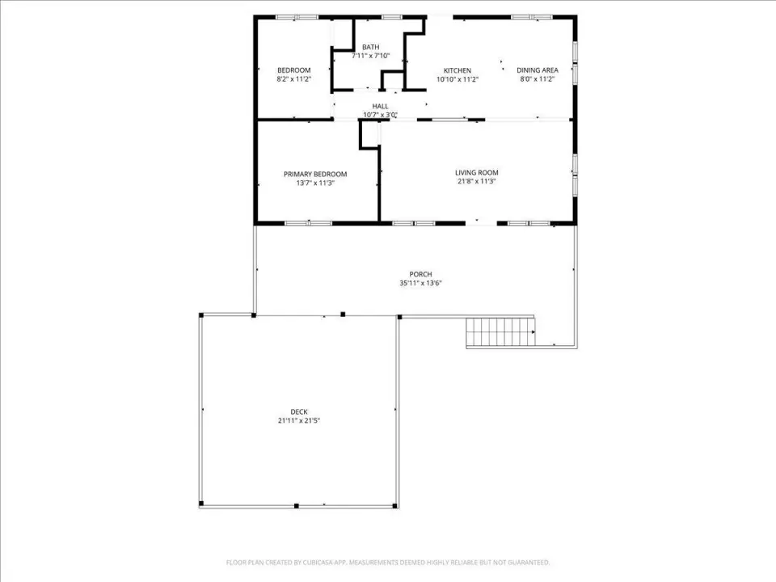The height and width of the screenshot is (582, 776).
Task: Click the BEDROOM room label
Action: (x=294, y=70)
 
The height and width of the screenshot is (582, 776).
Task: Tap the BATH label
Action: (x=371, y=47)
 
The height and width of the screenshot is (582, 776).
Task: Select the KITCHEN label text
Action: (x=458, y=71)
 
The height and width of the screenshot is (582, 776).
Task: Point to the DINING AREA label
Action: (x=538, y=70)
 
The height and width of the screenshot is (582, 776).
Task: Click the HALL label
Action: (x=380, y=107)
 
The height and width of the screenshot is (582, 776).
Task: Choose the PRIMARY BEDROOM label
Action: (x=315, y=175)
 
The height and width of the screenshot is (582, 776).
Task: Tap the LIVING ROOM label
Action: (x=477, y=173)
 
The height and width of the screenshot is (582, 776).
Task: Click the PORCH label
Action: (x=420, y=274)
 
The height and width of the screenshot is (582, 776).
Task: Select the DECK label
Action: (x=299, y=411)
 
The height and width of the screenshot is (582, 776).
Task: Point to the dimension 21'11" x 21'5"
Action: (x=299, y=420)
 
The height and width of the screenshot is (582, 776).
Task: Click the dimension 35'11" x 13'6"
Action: (x=420, y=283)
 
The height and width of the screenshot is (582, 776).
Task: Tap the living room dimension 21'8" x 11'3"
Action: (x=477, y=182)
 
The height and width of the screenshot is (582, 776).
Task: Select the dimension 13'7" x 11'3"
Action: (x=315, y=183)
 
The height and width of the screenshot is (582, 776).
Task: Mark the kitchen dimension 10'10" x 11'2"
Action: (x=458, y=79)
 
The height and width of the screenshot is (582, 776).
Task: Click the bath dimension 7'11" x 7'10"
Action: (x=371, y=56)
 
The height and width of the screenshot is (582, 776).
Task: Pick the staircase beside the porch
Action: (x=500, y=332)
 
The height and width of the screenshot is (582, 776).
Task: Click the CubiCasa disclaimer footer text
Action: (x=388, y=563)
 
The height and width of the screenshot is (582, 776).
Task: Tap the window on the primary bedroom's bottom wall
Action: (x=308, y=223)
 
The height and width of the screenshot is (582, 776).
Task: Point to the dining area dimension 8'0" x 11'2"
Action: (x=538, y=79)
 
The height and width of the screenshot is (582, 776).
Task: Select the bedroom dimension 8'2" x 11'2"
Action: (x=294, y=79)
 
